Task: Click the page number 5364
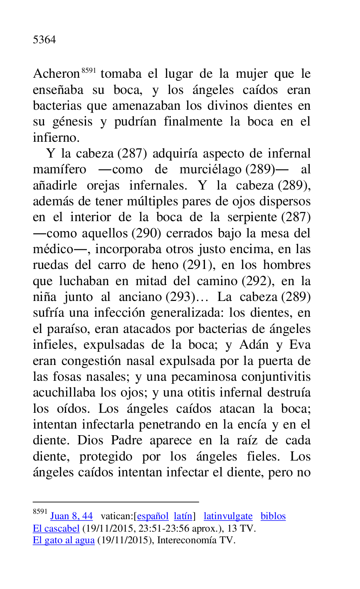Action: (x=44, y=40)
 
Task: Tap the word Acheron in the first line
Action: (x=56, y=74)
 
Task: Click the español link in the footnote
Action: (x=153, y=516)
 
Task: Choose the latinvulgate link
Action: (x=228, y=516)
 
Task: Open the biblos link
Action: (x=273, y=516)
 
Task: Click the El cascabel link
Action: (x=56, y=529)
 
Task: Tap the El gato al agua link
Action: (x=64, y=541)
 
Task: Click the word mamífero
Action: (x=59, y=170)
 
